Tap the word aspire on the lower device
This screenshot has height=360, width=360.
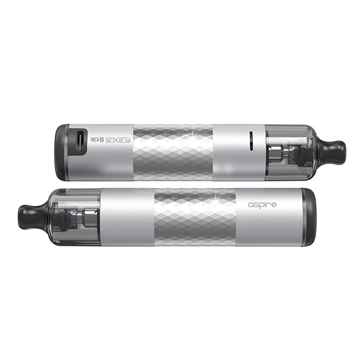pos(262,205)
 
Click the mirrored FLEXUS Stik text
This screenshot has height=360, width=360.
pos(110,139)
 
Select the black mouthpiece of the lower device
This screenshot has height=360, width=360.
pos(32,216)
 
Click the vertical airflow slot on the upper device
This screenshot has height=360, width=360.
pos(251,141)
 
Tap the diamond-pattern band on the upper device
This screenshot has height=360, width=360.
pos(173,153)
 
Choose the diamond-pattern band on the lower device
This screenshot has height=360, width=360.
pos(195,217)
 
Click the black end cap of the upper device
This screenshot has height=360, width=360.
pos(62,153)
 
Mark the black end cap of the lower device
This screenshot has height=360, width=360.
pos(309,217)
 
